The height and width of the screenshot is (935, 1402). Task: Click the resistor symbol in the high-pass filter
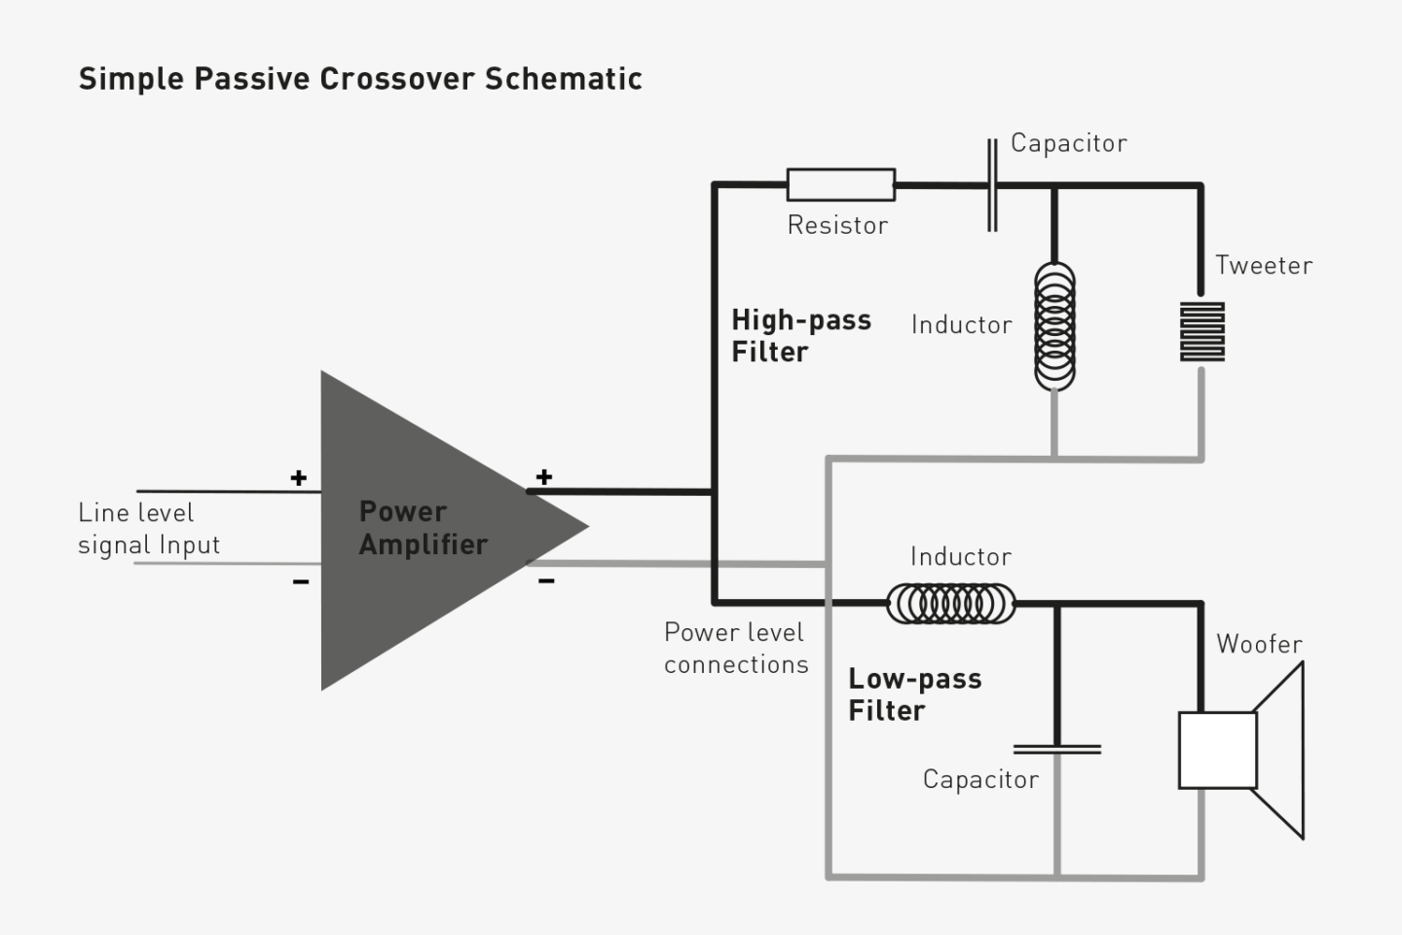pyautogui.click(x=840, y=184)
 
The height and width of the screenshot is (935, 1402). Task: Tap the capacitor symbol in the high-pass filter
pyautogui.click(x=992, y=185)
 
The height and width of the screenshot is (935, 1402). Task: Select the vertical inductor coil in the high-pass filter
pyautogui.click(x=1054, y=326)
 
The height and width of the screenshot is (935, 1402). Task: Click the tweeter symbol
pyautogui.click(x=1202, y=331)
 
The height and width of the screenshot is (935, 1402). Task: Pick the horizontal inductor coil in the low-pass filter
pyautogui.click(x=950, y=604)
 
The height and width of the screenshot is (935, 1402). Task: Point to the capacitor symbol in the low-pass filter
pyautogui.click(x=1057, y=749)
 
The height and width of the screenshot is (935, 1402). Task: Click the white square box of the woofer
pyautogui.click(x=1217, y=750)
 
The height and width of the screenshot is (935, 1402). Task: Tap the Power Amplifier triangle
pyautogui.click(x=428, y=531)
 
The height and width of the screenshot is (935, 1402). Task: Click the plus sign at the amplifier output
pyautogui.click(x=544, y=476)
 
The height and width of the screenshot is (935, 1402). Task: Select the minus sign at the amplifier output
pyautogui.click(x=546, y=581)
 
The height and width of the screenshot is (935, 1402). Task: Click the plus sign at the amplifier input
pyautogui.click(x=299, y=477)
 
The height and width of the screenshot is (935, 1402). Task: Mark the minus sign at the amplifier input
pyautogui.click(x=301, y=582)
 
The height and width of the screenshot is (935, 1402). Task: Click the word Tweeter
pyautogui.click(x=1263, y=265)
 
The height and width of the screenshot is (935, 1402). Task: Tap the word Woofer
pyautogui.click(x=1259, y=644)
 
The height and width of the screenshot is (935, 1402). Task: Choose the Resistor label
pyautogui.click(x=837, y=225)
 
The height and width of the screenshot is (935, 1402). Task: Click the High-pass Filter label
pyautogui.click(x=800, y=335)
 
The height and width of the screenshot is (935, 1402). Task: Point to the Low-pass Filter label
pyautogui.click(x=914, y=694)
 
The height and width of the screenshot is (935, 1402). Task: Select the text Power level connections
pyautogui.click(x=736, y=648)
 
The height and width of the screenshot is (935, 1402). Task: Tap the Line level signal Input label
pyautogui.click(x=149, y=528)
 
